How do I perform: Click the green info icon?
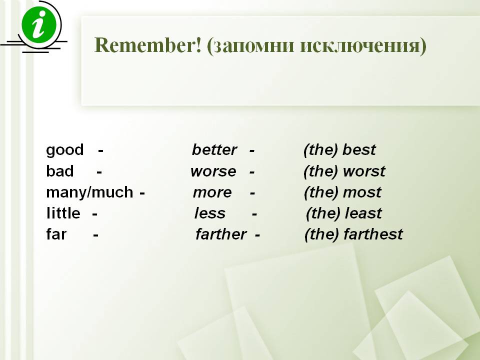tap(39, 25)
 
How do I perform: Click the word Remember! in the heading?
tap(148, 45)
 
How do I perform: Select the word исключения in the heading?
tap(360, 46)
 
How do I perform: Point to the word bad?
tap(59, 171)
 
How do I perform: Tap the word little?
tap(63, 213)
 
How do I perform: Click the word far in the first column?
tap(56, 234)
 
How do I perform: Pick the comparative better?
tap(214, 150)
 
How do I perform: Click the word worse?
tap(213, 171)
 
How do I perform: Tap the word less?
tap(210, 213)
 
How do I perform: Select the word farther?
tap(220, 234)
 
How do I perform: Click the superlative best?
tap(359, 150)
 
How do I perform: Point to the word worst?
tap(364, 171)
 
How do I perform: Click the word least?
tap(363, 213)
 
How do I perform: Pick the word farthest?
tap(373, 234)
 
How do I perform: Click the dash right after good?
tap(100, 151)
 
